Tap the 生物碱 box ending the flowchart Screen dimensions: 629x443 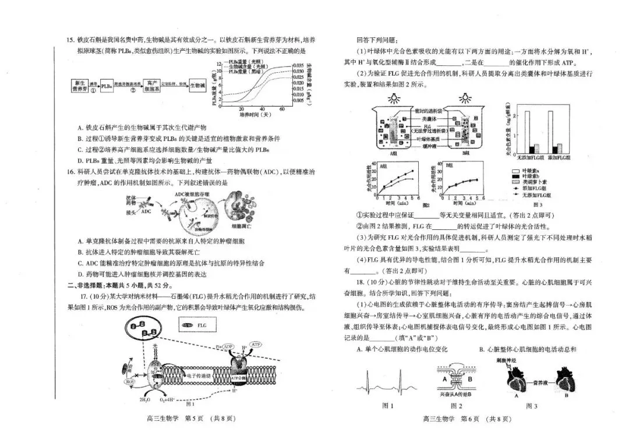point(197,86)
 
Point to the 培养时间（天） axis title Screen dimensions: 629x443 point(256,114)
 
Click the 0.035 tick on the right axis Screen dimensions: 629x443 point(298,66)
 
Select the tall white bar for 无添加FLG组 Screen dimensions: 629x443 point(527,131)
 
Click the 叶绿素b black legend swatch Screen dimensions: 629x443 point(515,175)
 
